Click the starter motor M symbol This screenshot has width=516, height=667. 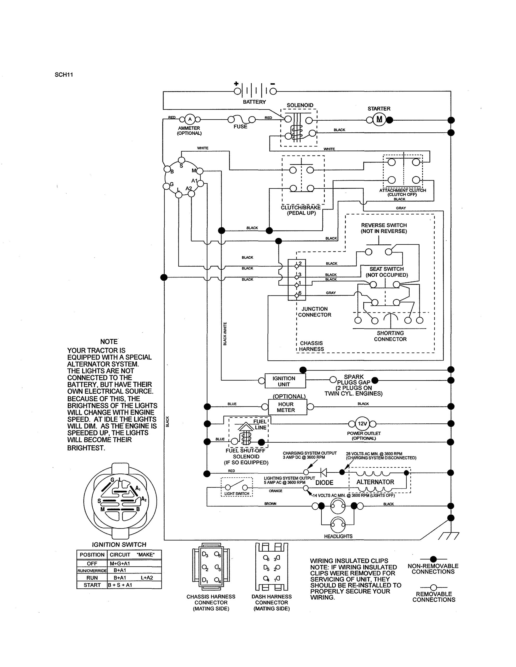379,119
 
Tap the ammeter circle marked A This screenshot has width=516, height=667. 190,119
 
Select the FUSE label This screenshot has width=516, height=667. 240,126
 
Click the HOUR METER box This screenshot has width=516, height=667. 287,407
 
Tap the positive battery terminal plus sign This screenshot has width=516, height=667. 236,84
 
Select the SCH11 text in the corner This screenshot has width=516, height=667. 64,75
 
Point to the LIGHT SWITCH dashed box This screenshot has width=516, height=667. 237,487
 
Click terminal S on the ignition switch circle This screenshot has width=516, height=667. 181,160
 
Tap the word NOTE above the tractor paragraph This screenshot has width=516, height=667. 109,342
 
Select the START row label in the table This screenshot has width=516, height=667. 92,585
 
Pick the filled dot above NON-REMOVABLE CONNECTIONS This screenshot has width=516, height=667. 433,559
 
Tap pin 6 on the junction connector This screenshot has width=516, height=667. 296,295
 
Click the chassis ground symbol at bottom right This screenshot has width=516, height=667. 449,536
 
